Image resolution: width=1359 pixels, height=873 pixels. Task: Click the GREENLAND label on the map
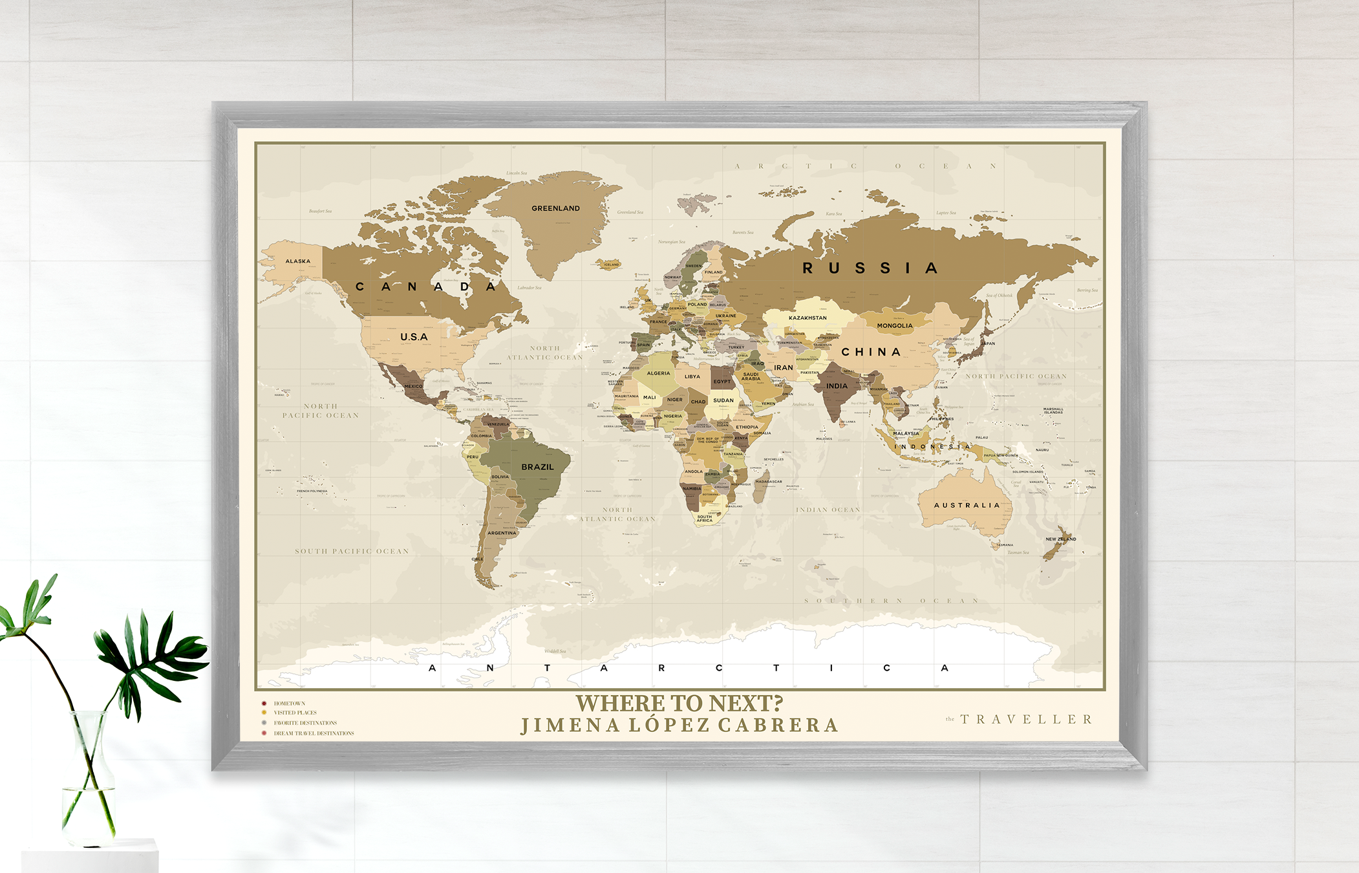tap(555, 208)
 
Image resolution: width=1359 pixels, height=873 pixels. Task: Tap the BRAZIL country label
tap(537, 467)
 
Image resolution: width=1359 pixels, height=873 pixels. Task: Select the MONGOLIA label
tap(895, 326)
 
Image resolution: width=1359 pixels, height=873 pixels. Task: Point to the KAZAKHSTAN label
tap(808, 318)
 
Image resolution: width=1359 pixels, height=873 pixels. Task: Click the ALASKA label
tap(298, 261)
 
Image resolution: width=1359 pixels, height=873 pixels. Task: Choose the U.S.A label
tap(414, 337)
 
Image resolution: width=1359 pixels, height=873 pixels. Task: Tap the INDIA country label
tap(837, 386)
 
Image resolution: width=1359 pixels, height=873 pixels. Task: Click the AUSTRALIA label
tap(967, 505)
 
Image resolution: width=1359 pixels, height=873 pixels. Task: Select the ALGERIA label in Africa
tap(658, 373)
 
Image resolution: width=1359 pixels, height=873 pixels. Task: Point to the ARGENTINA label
tap(502, 533)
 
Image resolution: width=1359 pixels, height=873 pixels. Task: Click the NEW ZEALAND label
tap(1061, 539)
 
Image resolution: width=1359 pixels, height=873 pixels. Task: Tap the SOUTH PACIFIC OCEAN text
tap(352, 552)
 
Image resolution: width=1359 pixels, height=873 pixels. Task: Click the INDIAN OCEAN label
tap(828, 510)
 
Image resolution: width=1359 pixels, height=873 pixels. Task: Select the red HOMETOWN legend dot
tap(264, 704)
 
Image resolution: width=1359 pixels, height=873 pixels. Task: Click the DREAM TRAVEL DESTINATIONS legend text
tap(314, 733)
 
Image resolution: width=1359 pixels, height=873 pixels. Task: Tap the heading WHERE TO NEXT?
tap(679, 703)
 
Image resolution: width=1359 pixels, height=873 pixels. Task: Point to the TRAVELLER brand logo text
tap(1026, 719)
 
